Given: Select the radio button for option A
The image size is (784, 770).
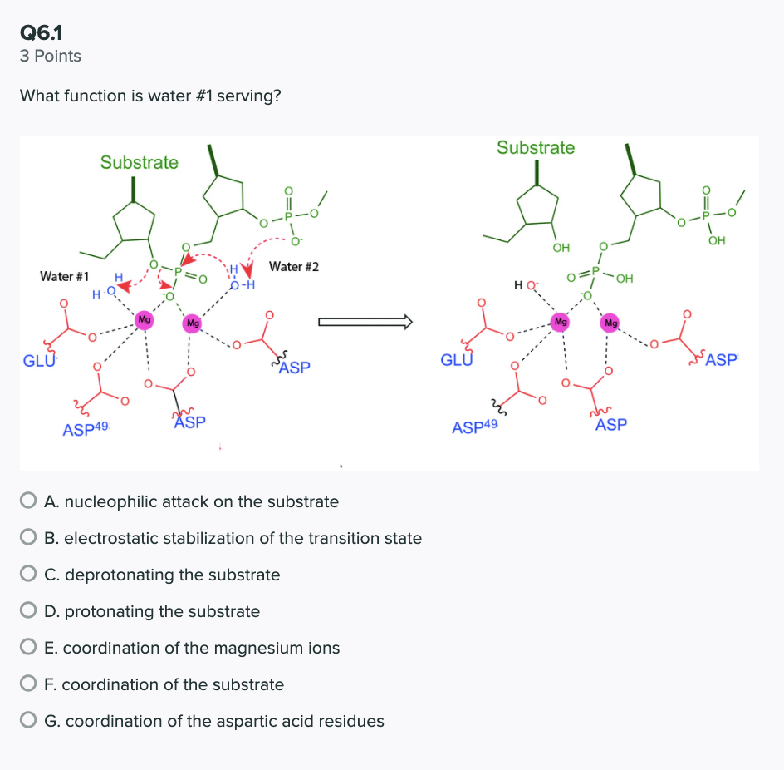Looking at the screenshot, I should (29, 501).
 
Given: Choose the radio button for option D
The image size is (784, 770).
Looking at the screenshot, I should (29, 611).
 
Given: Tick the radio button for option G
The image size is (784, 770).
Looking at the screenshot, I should (29, 721).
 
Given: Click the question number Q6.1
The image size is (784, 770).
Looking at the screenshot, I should (42, 32).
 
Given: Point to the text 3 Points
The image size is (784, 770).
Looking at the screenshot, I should (51, 57).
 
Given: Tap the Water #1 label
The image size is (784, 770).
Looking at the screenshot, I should (65, 275).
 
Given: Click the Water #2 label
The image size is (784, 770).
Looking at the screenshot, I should (293, 267).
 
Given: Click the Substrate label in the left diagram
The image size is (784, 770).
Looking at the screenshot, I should (139, 162).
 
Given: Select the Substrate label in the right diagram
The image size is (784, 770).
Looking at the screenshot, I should (536, 147).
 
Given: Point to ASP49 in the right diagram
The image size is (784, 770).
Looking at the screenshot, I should (474, 427).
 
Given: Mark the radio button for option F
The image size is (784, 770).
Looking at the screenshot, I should (29, 684).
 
